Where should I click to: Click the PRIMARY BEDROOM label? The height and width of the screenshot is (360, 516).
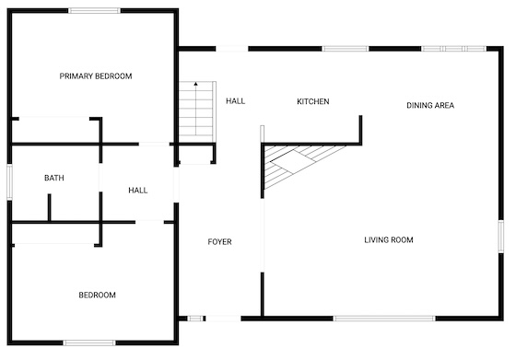point(96,76)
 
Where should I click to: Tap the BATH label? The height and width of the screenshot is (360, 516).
point(54,178)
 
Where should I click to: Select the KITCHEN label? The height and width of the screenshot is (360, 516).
point(313,101)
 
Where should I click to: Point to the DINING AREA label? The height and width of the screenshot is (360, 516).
point(430,106)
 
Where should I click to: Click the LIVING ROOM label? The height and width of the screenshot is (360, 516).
point(389,240)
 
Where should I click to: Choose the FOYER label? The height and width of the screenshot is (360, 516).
point(220,242)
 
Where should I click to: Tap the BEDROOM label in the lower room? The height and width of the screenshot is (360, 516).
point(97,296)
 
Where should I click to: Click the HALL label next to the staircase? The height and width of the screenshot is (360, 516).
point(235,101)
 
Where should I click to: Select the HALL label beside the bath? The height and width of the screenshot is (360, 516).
point(138,191)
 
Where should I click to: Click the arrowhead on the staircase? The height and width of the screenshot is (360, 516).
point(195,84)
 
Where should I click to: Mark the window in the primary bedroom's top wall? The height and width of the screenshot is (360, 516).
point(94,10)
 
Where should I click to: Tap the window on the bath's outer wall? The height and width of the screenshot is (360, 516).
point(9,182)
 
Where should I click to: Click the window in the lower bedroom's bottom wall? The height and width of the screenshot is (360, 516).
point(89,343)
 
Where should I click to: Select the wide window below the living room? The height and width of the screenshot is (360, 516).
point(384,319)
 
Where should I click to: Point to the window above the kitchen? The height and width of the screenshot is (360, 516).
point(346,49)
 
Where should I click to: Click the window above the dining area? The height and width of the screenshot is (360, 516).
point(453,49)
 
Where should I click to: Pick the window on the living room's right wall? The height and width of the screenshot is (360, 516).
point(501,237)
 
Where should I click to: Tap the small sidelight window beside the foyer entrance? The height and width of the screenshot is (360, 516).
point(195,319)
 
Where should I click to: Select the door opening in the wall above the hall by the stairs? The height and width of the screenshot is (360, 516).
point(232,49)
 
